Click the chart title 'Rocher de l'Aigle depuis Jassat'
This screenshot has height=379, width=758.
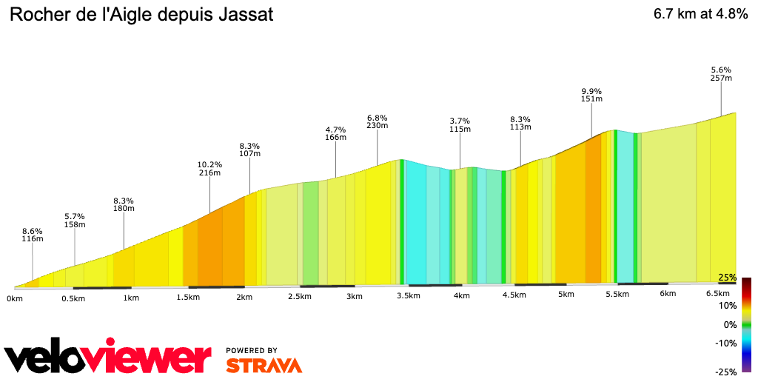(x=141, y=15)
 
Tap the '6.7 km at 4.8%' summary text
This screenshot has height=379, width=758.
(x=700, y=15)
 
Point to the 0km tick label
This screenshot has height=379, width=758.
(x=15, y=298)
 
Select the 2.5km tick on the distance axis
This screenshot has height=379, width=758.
(x=300, y=297)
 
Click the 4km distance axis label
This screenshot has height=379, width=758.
(x=461, y=296)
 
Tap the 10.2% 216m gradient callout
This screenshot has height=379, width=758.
(x=210, y=168)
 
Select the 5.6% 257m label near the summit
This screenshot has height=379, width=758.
(x=721, y=73)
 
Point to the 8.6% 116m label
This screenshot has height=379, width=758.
(x=33, y=235)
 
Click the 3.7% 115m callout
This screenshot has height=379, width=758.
(x=460, y=124)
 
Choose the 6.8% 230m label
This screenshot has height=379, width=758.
(x=378, y=121)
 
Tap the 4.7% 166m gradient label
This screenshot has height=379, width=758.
(x=336, y=133)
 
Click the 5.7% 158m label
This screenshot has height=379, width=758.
(x=75, y=220)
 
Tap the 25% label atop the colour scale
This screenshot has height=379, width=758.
(x=727, y=278)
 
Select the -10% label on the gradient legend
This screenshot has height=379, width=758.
(x=726, y=343)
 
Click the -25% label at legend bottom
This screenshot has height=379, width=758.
(x=726, y=372)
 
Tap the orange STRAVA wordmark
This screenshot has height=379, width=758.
(x=264, y=365)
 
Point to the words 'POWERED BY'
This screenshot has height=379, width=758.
(x=252, y=350)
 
